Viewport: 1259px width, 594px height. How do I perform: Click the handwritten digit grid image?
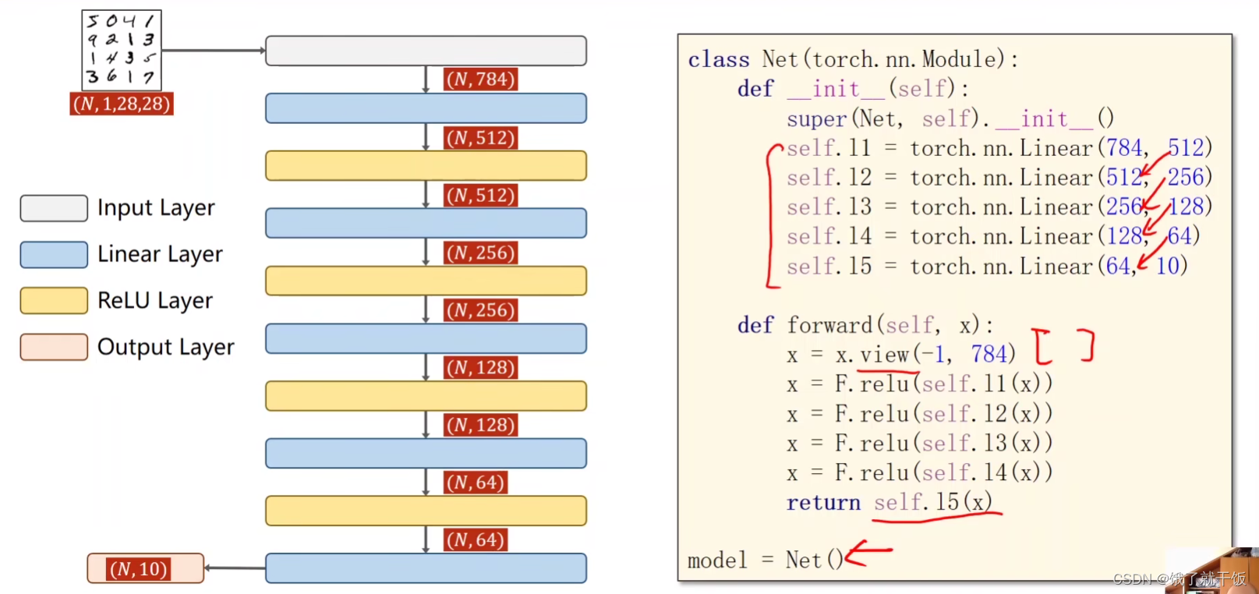coord(122,50)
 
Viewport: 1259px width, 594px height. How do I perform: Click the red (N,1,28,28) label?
coord(122,104)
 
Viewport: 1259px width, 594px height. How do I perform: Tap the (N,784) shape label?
coord(481,80)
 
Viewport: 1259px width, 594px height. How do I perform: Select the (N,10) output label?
coord(139,569)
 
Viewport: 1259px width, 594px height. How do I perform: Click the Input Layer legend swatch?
coord(54,208)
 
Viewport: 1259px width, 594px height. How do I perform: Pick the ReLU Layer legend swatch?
coord(54,301)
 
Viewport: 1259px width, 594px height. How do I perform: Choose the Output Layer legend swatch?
coord(54,347)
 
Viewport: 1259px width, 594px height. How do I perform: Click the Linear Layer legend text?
coord(160,254)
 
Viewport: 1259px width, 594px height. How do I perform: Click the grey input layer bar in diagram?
coord(426,51)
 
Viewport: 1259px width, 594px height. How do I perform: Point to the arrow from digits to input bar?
coord(212,51)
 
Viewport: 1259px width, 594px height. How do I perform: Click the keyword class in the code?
coord(718,60)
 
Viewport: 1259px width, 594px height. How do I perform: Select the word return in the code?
coord(823,503)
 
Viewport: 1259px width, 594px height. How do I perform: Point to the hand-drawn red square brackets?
coord(1063,346)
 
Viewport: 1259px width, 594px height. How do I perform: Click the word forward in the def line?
coord(829,325)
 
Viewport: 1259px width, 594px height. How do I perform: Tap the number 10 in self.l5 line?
coord(1168,267)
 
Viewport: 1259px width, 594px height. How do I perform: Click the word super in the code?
coord(816,119)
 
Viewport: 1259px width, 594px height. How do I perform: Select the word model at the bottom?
coord(716,560)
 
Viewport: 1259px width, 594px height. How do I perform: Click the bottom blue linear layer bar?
coord(426,568)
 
